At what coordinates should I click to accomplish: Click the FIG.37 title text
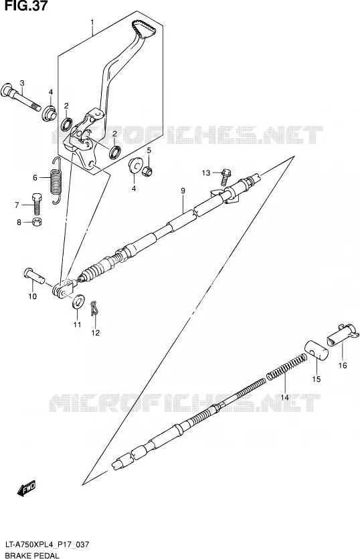tap(24, 5)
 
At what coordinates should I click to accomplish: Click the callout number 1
tap(92, 23)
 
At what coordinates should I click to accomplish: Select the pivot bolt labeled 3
tap(21, 97)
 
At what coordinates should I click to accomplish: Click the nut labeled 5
tap(147, 171)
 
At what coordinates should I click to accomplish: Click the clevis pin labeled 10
tap(35, 276)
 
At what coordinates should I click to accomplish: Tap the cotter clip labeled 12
tap(94, 308)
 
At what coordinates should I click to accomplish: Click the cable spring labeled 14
tap(287, 365)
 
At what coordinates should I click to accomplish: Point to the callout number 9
tap(183, 191)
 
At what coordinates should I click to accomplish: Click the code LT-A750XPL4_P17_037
tap(47, 544)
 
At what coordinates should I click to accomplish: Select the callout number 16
tap(343, 365)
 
